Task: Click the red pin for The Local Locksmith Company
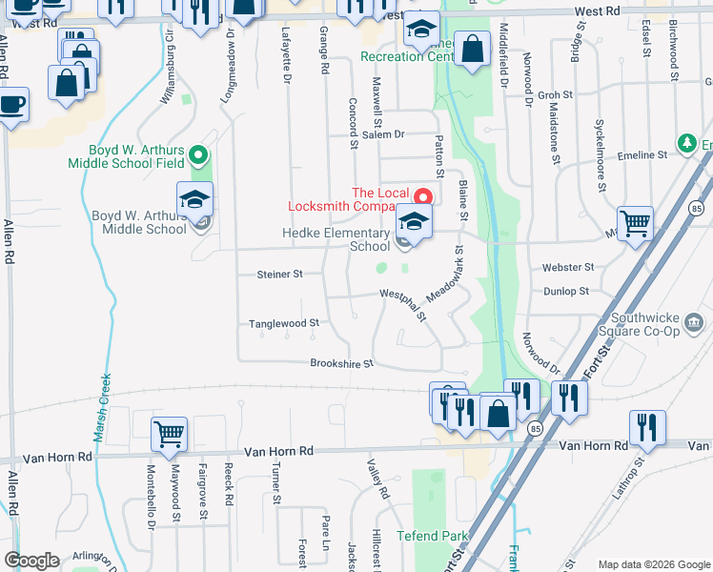pyautogui.click(x=422, y=196)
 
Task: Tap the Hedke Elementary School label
pyautogui.click(x=336, y=239)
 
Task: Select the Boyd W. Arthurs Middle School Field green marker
pyautogui.click(x=198, y=153)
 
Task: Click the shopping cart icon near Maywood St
pyautogui.click(x=169, y=434)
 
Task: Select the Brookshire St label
pyautogui.click(x=340, y=363)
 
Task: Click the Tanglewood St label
pyautogui.click(x=283, y=323)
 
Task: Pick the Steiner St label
pyautogui.click(x=279, y=274)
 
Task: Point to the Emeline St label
pyautogui.click(x=642, y=154)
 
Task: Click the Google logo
pyautogui.click(x=31, y=561)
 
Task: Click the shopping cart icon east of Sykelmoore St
pyautogui.click(x=635, y=223)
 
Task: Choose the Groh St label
pyautogui.click(x=554, y=95)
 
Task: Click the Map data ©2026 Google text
pyautogui.click(x=652, y=564)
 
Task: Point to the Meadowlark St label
pyautogui.click(x=444, y=276)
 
